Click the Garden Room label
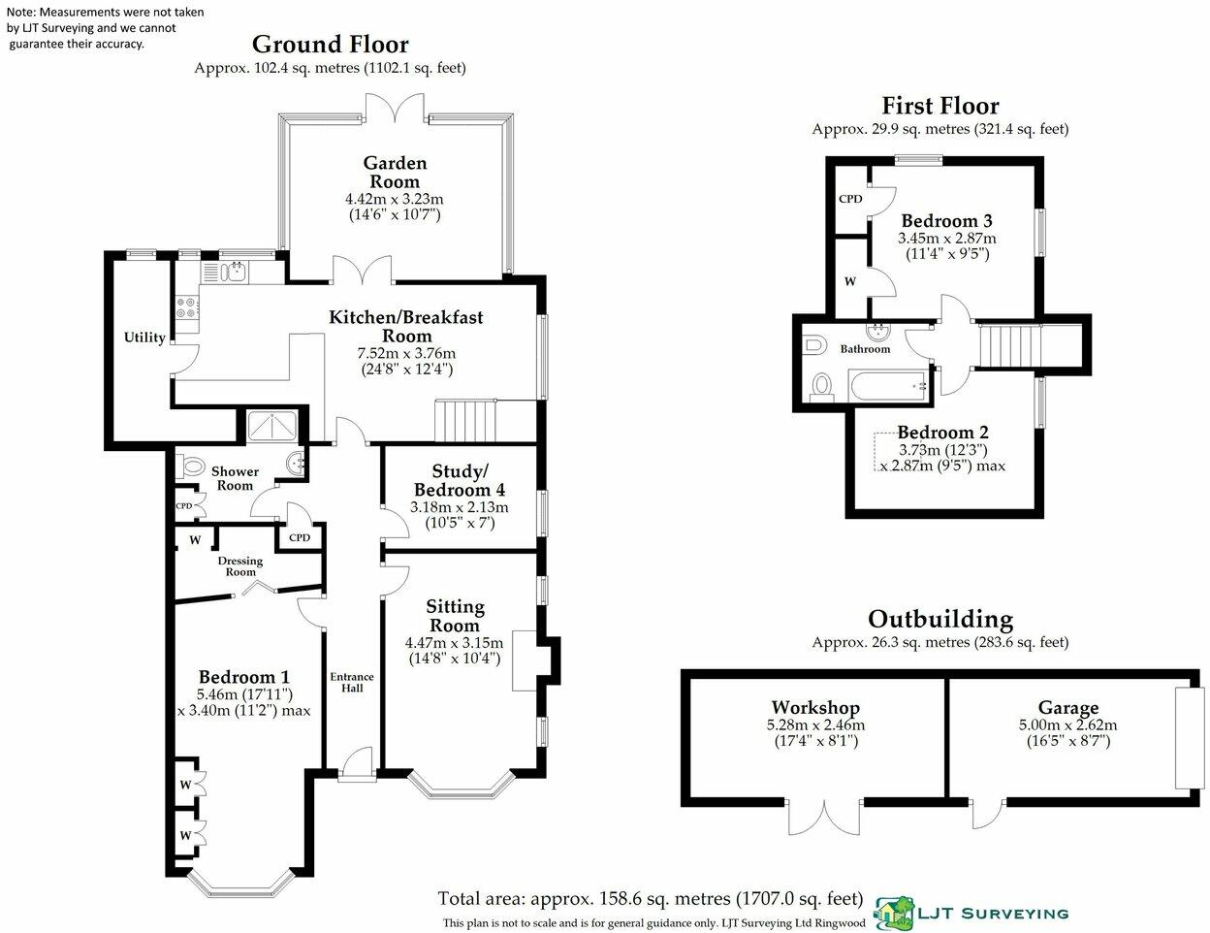coord(395,172)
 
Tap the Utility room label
coord(143,338)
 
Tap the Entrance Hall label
coord(352,682)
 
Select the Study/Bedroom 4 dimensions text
coord(459,515)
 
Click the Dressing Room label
coord(240,566)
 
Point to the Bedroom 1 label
coord(243,677)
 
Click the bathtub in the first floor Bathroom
coord(883,388)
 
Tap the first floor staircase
coord(1009,346)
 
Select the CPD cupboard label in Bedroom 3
coord(850,199)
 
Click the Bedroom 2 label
coord(941,433)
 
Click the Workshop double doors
coord(825,817)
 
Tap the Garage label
coord(1067,708)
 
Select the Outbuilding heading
coord(939,619)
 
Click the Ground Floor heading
coord(330,44)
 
